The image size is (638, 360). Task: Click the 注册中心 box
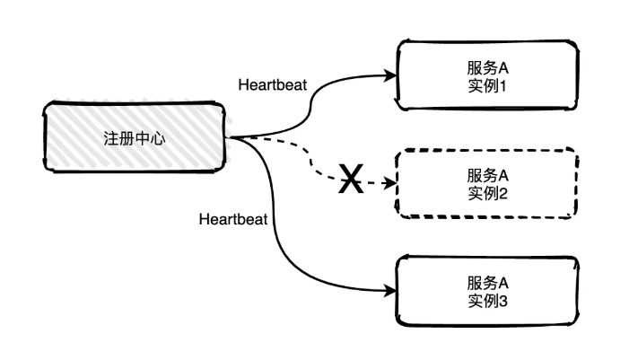(x=135, y=137)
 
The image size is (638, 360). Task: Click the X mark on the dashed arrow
(x=351, y=182)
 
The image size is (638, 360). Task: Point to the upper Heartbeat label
(x=272, y=85)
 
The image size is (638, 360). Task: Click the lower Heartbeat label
(x=233, y=218)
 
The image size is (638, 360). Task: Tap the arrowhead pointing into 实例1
(x=391, y=76)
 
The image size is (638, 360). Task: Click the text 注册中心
(x=135, y=138)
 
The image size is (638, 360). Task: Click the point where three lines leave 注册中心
(x=232, y=137)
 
